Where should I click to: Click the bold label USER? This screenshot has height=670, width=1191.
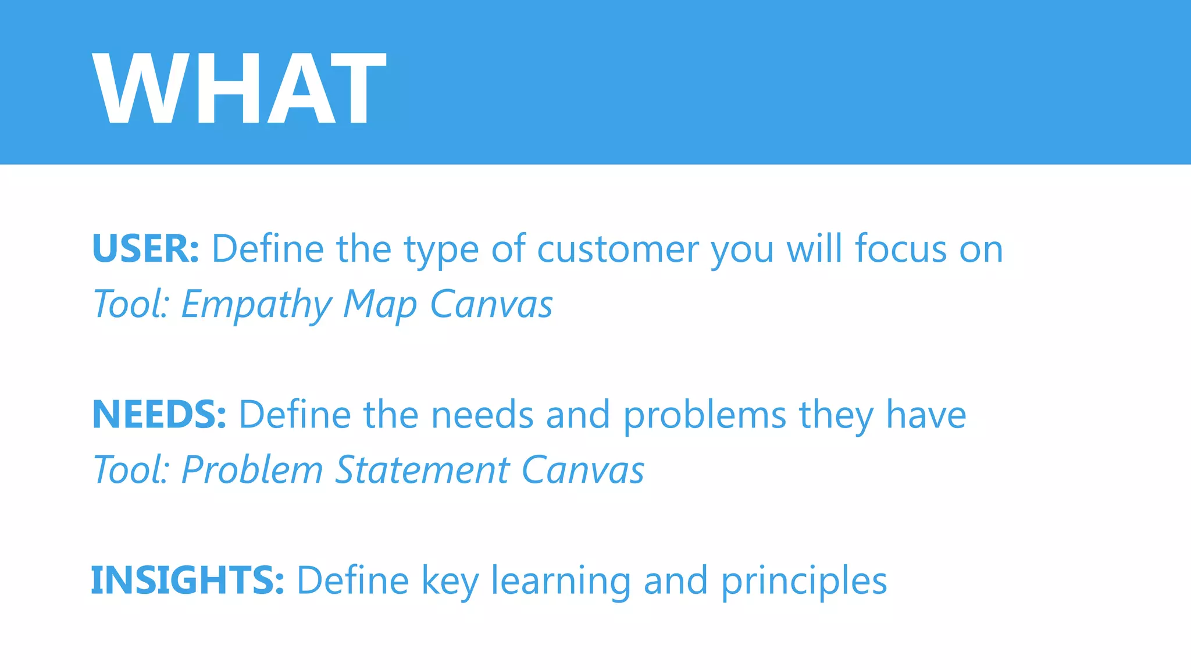click(145, 249)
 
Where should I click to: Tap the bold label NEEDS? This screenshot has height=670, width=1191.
click(159, 415)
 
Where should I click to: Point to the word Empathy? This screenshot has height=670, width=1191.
click(256, 305)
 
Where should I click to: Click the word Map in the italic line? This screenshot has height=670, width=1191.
click(380, 305)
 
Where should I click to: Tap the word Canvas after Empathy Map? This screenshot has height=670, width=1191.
click(491, 304)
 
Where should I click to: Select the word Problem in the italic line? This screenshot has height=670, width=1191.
click(252, 470)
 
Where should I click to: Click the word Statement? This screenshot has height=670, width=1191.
click(422, 470)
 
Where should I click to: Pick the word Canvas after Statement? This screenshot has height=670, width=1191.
click(583, 470)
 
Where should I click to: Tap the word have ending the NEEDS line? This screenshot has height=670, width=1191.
click(925, 415)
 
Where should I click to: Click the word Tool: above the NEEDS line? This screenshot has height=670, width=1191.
click(131, 305)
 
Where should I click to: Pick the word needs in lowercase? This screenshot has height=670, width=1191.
click(482, 415)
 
